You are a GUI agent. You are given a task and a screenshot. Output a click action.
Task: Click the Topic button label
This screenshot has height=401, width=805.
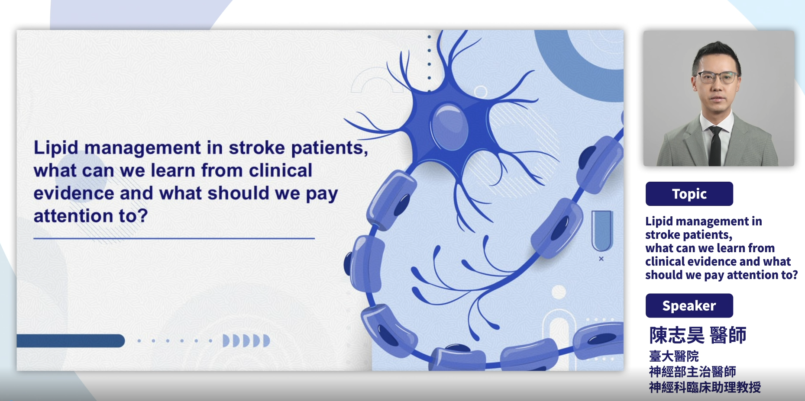coord(689,194)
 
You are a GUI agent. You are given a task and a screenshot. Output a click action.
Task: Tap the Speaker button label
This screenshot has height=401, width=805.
coord(689,306)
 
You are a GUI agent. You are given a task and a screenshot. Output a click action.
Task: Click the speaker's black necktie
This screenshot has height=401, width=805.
coord(715,146)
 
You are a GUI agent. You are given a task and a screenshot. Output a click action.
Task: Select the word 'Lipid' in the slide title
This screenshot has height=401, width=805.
coord(56,148)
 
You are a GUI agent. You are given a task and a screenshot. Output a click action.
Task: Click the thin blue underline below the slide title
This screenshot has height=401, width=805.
coord(174,238)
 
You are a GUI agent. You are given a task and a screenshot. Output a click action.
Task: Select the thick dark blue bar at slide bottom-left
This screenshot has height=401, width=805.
coord(71,341)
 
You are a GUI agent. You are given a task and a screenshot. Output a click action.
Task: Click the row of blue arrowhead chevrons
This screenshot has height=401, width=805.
coord(246,341)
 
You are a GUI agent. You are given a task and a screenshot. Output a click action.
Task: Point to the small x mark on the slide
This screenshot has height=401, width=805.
coord(601,259)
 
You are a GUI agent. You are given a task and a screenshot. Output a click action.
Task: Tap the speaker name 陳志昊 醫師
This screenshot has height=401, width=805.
coord(698,335)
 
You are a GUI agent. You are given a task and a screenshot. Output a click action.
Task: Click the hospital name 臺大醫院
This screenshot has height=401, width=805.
coord(674,356)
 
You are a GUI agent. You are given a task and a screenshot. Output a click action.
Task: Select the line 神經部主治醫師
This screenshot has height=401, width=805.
coord(692,372)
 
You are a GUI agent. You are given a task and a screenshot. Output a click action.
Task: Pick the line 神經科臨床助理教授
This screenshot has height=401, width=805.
coord(705,387)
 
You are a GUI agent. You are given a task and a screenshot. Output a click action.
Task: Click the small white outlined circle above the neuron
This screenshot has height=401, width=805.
coord(480,92)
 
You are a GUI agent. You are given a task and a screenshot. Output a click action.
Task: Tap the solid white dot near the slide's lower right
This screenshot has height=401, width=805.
coord(559,292)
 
